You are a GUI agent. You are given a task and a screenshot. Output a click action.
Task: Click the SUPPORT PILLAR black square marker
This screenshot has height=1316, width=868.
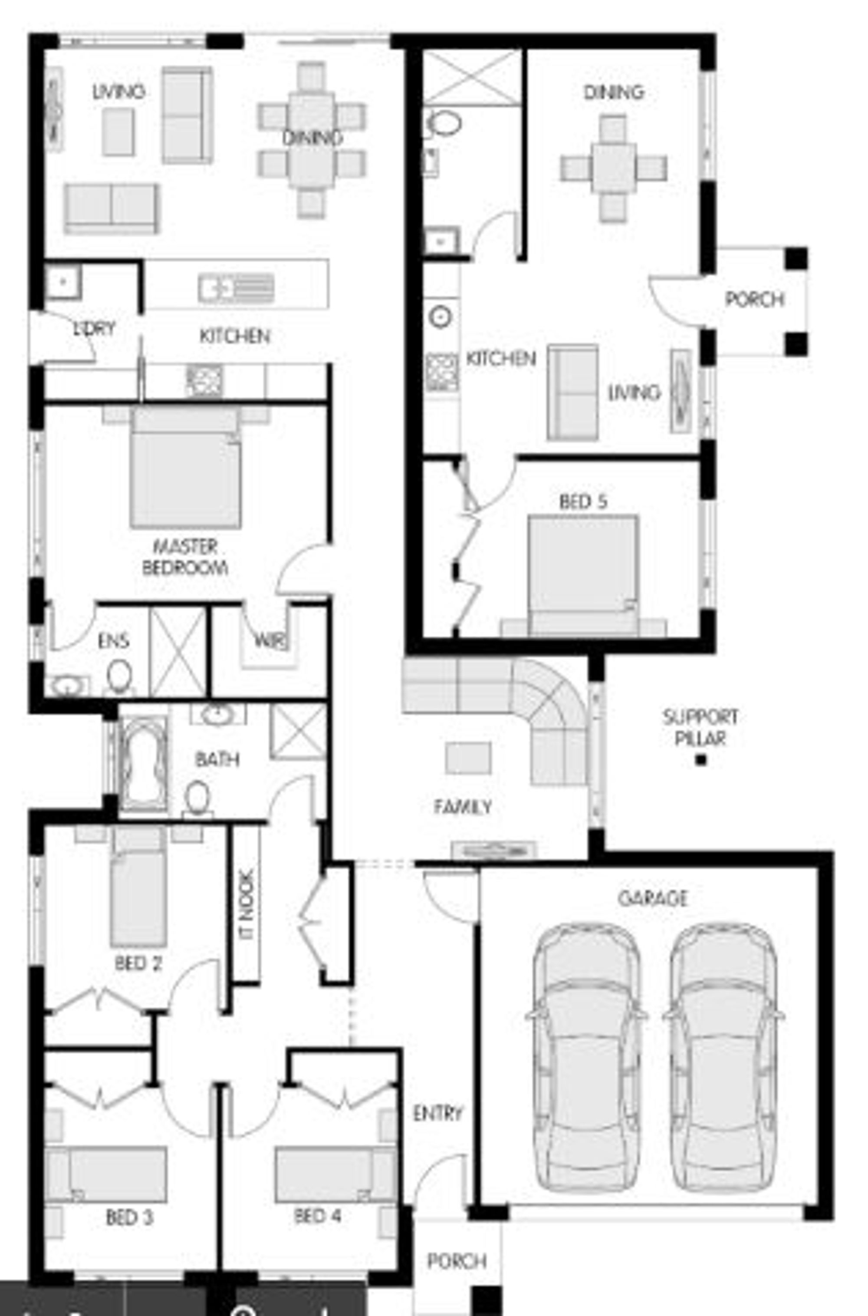click(701, 760)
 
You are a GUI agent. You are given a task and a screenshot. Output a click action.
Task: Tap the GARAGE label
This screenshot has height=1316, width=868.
click(653, 897)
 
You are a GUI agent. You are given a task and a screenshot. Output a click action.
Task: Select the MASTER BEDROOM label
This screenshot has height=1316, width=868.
click(185, 557)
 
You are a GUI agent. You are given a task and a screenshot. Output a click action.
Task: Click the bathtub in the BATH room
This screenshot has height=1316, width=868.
click(142, 763)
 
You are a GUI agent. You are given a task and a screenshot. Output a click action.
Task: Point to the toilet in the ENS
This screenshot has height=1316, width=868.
click(119, 676)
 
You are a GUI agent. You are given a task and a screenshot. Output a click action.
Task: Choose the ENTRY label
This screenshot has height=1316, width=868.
click(437, 1113)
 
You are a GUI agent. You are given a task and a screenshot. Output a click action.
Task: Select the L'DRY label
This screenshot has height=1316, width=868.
click(94, 328)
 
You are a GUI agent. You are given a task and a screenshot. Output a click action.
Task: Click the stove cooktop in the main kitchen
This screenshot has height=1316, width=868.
click(204, 380)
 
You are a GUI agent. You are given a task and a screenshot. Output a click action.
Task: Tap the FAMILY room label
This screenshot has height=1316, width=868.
click(463, 807)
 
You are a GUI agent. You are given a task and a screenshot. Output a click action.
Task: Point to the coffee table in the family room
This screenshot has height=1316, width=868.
click(468, 757)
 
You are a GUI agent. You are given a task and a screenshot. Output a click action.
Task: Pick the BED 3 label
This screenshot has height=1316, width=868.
click(129, 1217)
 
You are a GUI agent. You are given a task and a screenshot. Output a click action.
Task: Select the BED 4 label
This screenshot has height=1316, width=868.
click(317, 1216)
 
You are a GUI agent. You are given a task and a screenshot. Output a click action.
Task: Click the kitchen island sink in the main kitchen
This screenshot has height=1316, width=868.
click(236, 288)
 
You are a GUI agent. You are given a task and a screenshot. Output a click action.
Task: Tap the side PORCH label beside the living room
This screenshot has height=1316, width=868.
click(755, 300)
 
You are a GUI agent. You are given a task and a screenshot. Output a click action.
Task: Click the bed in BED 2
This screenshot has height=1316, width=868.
click(138, 891)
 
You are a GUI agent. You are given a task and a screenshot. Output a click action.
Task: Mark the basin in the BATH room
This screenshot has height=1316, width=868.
click(218, 715)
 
